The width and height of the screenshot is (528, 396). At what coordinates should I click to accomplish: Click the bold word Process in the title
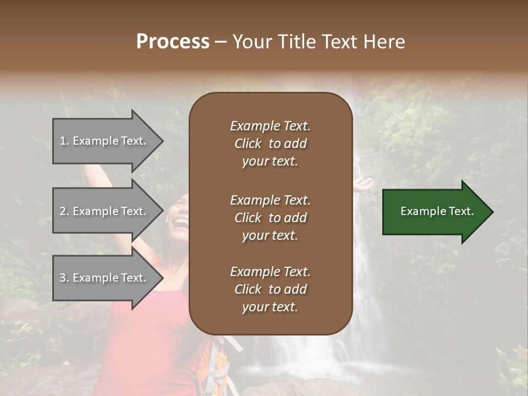tap(173, 42)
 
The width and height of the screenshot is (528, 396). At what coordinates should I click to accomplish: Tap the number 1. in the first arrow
tap(64, 141)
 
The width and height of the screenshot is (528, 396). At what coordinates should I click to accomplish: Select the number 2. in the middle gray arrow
tap(64, 211)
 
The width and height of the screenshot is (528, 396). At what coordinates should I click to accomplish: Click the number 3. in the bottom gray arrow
tap(64, 278)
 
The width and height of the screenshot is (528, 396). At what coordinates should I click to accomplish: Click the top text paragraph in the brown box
tap(270, 144)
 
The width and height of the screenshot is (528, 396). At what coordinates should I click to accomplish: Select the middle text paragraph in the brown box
tap(270, 218)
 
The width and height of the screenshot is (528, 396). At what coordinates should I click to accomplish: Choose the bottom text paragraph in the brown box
tap(270, 289)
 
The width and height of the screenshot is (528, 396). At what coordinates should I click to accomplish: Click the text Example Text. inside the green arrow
tap(437, 211)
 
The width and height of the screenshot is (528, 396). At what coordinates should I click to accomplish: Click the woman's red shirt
tap(148, 341)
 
